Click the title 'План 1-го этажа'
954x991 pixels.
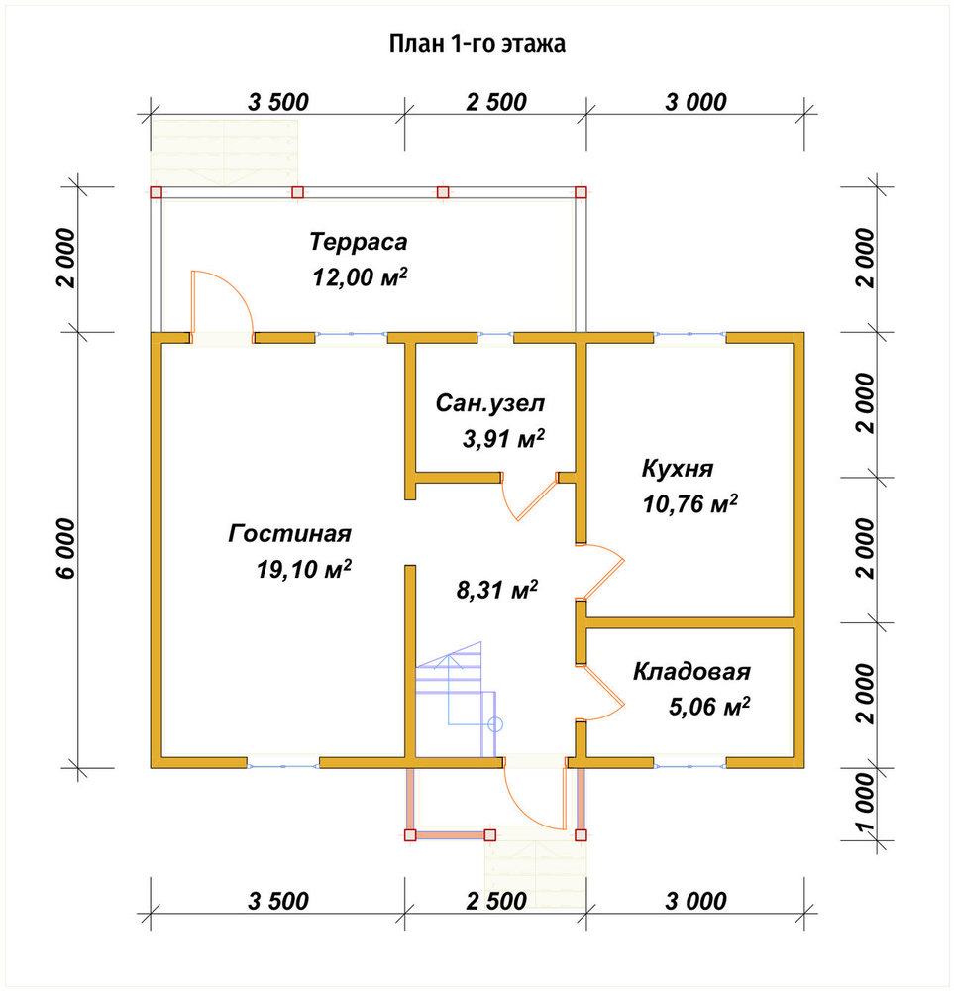coord(477,44)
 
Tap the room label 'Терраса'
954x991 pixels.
coord(359,242)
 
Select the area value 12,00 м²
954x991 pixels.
coord(360,276)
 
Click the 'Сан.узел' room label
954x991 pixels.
coord(490,403)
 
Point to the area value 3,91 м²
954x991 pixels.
coord(503,438)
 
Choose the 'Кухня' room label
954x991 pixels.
coord(678,469)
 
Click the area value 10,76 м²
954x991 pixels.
coord(689,503)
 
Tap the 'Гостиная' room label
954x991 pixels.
coord(290,534)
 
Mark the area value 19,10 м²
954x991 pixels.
coord(304,569)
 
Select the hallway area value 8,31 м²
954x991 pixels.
coord(497,590)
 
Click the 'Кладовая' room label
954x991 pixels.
coord(691,671)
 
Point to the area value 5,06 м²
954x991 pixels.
coord(709,707)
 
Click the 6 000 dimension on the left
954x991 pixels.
coord(65,549)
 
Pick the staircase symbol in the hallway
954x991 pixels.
coord(455,699)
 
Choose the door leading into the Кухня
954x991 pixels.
coord(600,572)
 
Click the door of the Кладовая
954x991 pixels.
coord(600,692)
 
